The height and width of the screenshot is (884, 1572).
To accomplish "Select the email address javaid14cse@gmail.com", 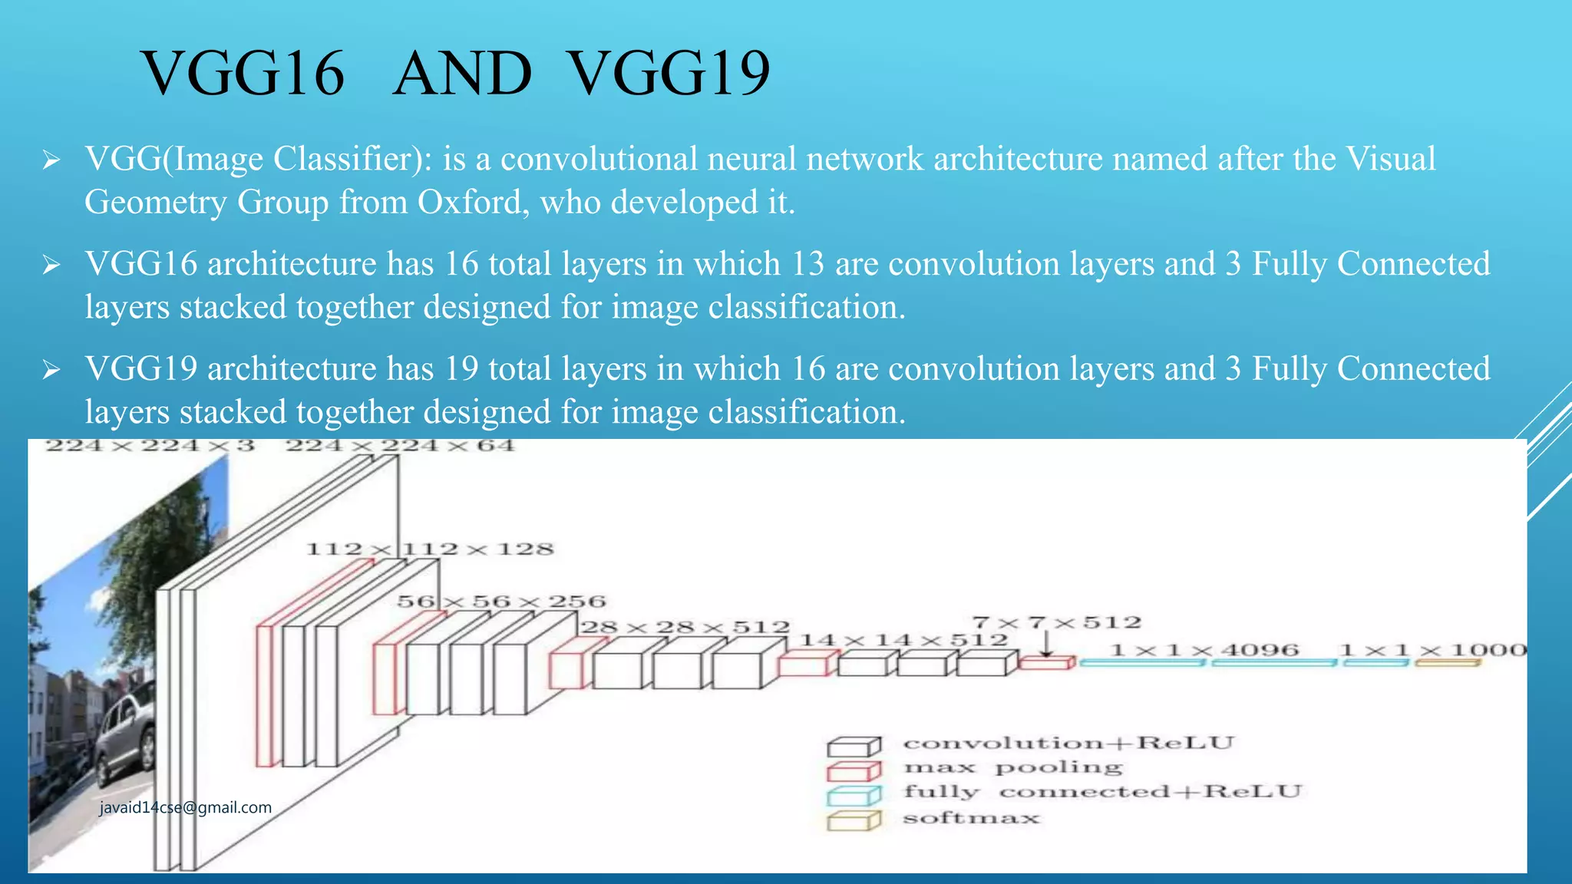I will [186, 807].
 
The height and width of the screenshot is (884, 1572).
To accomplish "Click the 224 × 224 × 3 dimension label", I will [150, 446].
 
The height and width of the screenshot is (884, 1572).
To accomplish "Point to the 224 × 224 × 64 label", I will [400, 446].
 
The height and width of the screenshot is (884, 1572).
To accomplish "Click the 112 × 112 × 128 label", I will [430, 549].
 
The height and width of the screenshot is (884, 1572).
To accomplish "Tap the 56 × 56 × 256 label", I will [501, 602].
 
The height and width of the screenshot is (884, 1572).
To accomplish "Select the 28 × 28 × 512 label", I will [685, 628].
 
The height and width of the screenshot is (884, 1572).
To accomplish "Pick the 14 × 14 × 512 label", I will [903, 640].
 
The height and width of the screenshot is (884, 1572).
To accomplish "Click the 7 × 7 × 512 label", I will [1057, 622].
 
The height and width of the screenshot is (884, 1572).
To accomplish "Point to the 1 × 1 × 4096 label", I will [1204, 651].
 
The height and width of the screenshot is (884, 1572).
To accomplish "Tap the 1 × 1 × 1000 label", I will [1433, 651].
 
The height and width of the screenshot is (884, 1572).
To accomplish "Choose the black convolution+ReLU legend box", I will [854, 746].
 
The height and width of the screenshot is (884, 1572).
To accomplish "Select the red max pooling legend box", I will [854, 770].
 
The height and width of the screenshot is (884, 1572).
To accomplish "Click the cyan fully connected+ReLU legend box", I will [854, 796].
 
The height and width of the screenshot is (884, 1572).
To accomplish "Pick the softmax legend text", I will [971, 818].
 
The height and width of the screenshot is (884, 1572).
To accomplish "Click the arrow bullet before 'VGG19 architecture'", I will [51, 371].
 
